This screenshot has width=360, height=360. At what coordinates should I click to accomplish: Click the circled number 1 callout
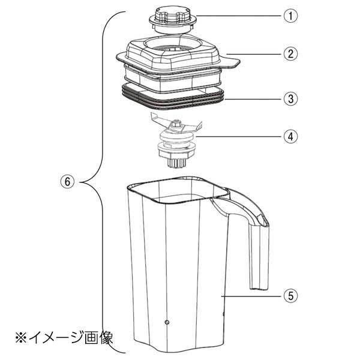290,16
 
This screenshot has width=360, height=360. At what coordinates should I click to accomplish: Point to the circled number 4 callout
290,136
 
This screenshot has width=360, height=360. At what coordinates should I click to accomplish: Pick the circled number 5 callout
290,295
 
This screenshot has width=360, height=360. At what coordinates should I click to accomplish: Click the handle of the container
252,240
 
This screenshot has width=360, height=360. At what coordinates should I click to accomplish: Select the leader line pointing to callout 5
252,295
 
